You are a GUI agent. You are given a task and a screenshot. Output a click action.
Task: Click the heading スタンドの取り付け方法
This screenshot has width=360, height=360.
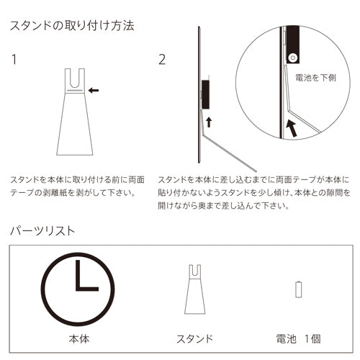pyautogui.click(x=71, y=26)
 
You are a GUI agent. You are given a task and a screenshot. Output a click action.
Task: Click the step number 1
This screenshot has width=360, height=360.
pyautogui.click(x=14, y=59)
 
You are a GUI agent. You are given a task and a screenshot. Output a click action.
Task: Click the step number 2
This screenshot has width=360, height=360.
pyautogui.click(x=162, y=59)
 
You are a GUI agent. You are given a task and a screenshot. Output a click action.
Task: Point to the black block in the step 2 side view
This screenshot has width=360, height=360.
pyautogui.click(x=205, y=91)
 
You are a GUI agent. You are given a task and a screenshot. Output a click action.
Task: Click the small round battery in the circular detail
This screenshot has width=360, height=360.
pyautogui.click(x=292, y=57)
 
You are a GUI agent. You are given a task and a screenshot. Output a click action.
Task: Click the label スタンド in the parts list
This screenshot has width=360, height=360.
pyautogui.click(x=194, y=338)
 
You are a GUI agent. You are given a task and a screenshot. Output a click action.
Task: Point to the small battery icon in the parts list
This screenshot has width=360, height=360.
pyautogui.click(x=299, y=289)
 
